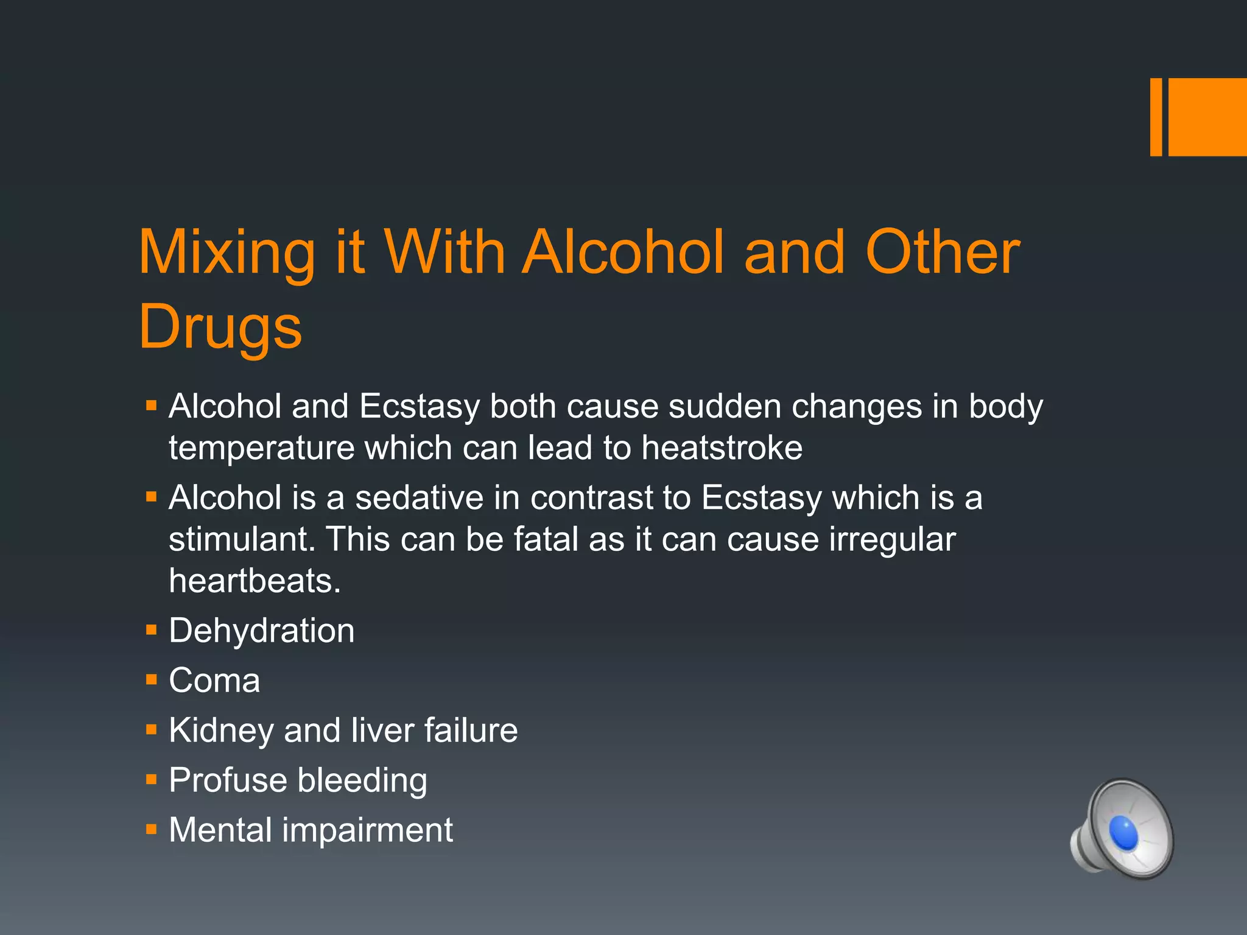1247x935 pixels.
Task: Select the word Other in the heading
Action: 943,251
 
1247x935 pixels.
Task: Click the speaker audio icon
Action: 1122,828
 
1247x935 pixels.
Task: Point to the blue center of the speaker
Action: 1123,833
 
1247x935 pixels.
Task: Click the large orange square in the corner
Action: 1207,117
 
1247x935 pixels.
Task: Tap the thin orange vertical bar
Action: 1156,117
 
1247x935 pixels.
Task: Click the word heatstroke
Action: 722,448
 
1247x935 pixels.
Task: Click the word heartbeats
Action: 255,581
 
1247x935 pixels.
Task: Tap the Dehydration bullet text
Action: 262,631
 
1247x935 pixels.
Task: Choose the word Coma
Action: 214,680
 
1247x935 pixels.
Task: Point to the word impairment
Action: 368,830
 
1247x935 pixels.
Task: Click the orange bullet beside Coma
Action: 152,679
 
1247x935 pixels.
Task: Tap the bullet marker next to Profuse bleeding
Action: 152,779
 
